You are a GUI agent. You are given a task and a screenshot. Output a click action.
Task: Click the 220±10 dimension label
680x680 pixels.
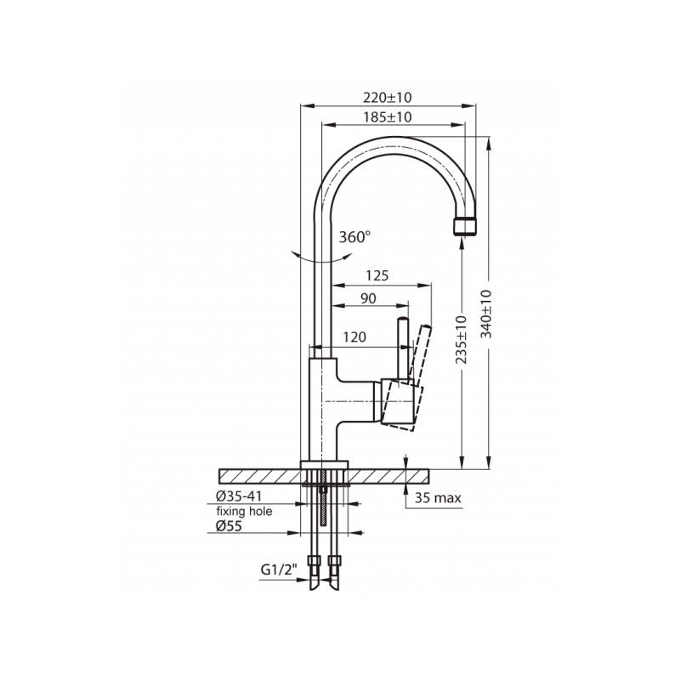click(x=388, y=98)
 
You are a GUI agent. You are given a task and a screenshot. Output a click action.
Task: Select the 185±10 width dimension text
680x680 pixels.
click(x=388, y=117)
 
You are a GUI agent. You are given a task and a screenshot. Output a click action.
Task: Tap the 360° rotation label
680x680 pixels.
click(x=354, y=237)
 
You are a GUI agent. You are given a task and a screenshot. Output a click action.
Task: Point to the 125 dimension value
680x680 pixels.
click(x=377, y=275)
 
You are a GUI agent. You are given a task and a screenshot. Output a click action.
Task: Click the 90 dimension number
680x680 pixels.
click(x=368, y=298)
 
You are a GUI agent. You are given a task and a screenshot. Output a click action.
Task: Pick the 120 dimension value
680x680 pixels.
click(x=354, y=337)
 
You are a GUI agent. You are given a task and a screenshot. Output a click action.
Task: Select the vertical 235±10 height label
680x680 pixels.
click(x=462, y=339)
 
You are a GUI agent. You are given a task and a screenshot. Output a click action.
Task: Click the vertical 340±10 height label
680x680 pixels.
click(x=486, y=314)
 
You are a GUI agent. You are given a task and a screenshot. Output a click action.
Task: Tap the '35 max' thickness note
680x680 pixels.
click(x=438, y=498)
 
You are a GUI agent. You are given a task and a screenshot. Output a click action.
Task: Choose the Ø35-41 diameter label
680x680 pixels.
click(x=239, y=496)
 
